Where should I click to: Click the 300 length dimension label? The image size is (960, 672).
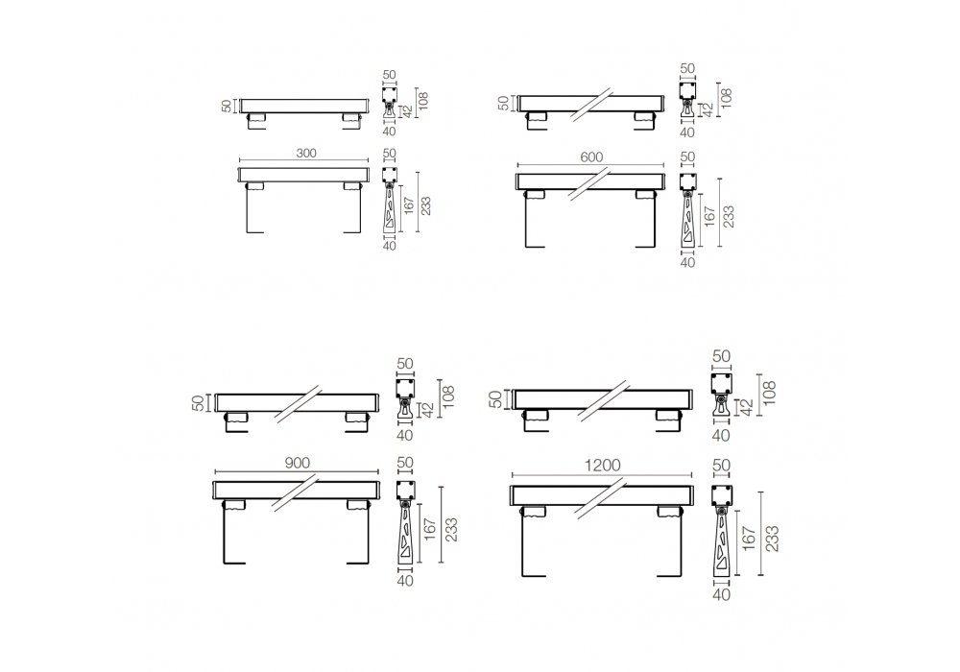point(306,153)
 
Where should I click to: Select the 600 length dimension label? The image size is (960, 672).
point(591,157)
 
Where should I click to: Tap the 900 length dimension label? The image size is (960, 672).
point(298,464)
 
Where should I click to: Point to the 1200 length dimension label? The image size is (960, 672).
point(603,466)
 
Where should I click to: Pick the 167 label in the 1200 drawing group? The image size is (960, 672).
point(750,539)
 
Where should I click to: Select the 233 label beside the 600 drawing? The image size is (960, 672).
point(728,216)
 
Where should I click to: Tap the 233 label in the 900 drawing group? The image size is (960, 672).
point(451,530)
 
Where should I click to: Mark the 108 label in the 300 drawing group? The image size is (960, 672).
point(423,100)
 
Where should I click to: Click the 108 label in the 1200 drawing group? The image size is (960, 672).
point(770,393)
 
